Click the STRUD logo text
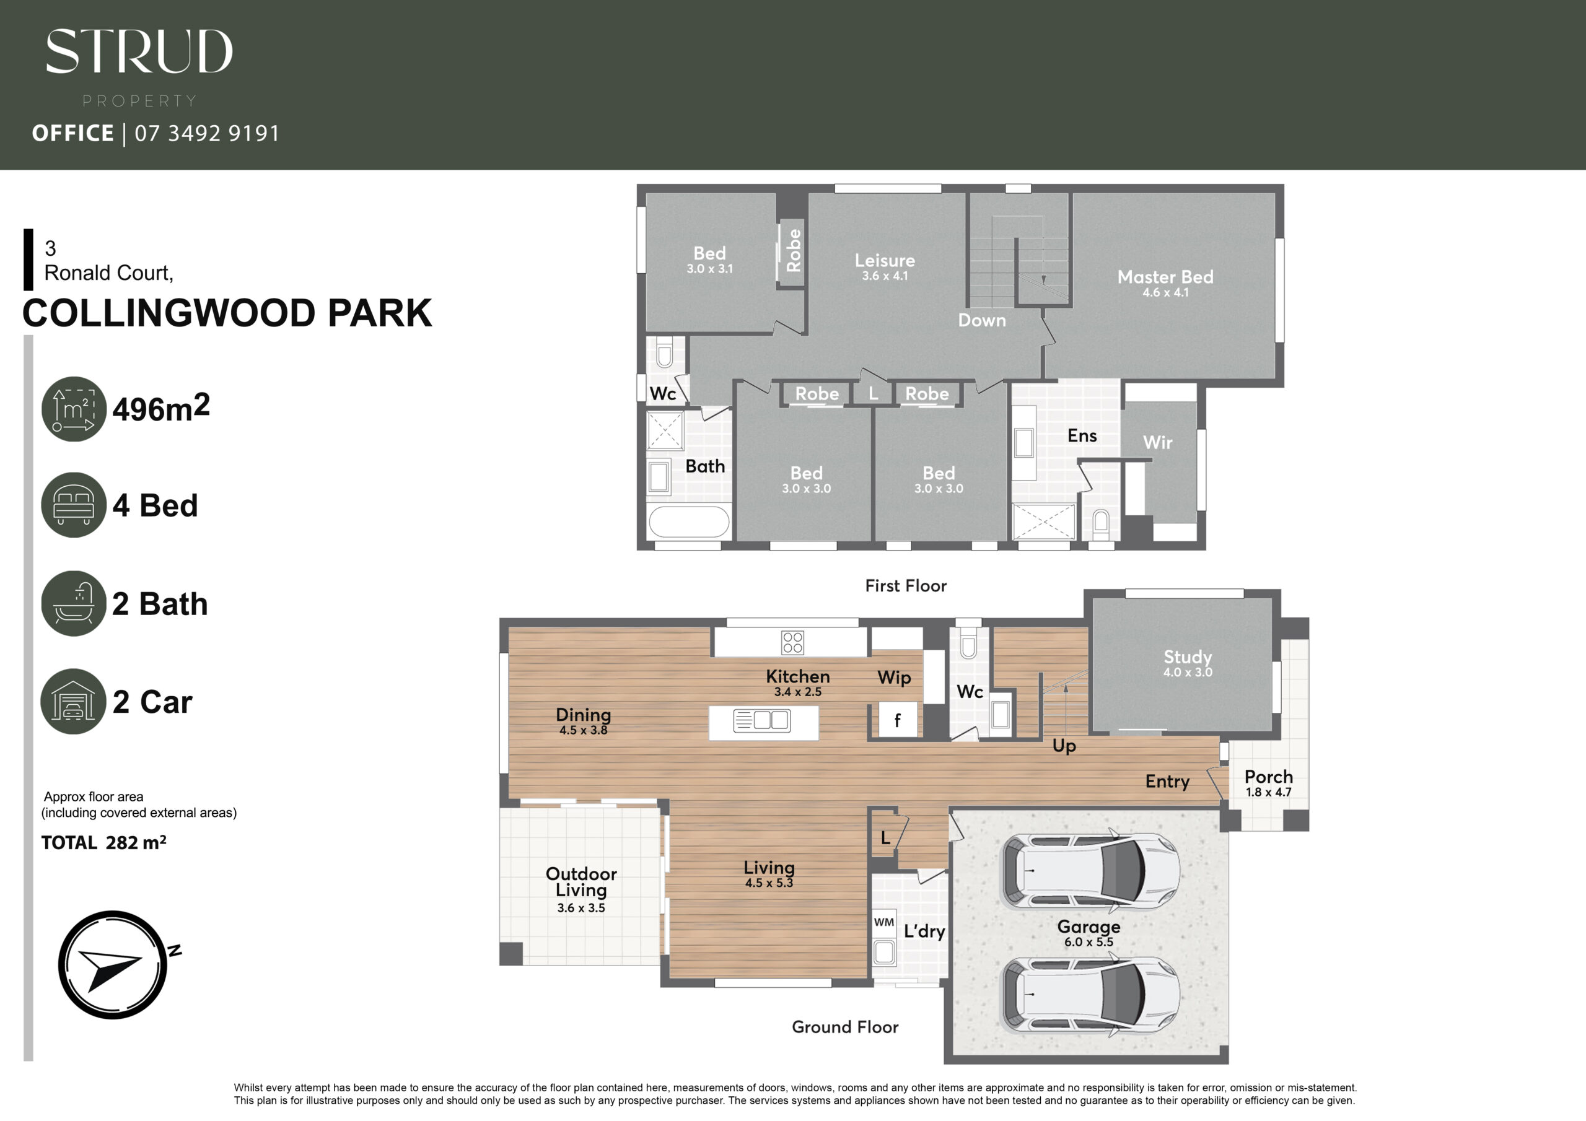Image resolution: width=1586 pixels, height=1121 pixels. click(x=139, y=51)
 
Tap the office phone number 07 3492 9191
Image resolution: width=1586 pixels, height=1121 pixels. click(x=207, y=133)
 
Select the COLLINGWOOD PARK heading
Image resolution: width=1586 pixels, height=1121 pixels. click(x=227, y=313)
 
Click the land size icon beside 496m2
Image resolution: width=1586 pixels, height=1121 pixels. click(x=74, y=409)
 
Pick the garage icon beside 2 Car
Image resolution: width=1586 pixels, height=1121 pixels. click(x=74, y=701)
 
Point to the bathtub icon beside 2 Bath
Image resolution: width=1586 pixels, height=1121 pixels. click(x=74, y=603)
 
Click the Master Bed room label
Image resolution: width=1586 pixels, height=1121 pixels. click(x=1165, y=277)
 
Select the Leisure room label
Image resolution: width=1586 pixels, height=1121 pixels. click(x=885, y=260)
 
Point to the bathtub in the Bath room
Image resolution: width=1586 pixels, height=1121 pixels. click(x=689, y=522)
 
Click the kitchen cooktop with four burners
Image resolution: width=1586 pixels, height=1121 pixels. click(x=792, y=642)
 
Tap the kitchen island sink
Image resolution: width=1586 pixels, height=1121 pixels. click(x=762, y=720)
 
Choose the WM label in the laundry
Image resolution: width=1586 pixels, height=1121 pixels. click(x=883, y=922)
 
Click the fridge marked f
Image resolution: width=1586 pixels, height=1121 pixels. click(x=897, y=720)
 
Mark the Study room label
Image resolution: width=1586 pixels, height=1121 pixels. click(x=1188, y=657)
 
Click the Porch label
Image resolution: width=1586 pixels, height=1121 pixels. click(x=1268, y=777)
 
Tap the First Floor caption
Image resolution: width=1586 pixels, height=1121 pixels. click(x=906, y=586)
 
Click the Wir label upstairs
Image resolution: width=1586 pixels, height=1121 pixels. click(x=1158, y=442)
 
